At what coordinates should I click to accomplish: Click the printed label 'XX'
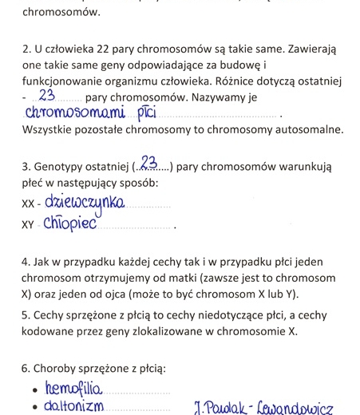point(29,205)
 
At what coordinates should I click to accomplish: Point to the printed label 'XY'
point(29,226)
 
